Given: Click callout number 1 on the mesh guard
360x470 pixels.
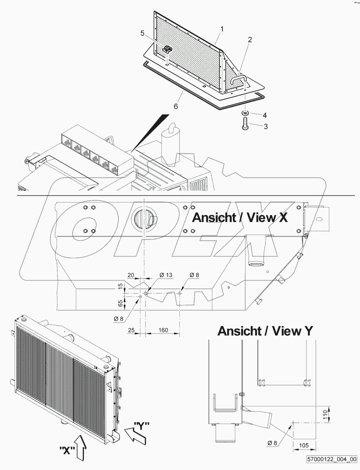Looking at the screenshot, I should coord(222,29).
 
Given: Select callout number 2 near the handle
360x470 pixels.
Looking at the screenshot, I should coord(250,40).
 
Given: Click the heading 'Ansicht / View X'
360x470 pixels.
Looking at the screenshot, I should coord(240,218).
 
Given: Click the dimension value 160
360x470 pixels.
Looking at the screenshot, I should coord(163,330).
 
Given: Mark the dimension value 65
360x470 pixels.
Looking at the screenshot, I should coord(120,304).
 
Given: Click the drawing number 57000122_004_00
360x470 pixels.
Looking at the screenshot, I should coord(331,459).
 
